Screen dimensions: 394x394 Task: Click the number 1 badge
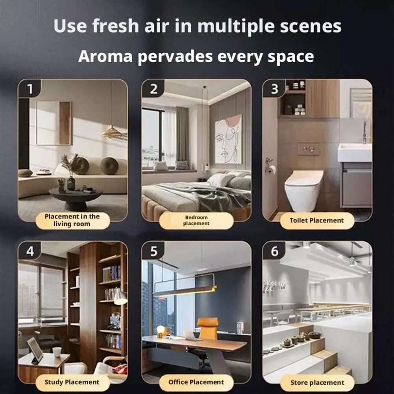(x=30, y=89)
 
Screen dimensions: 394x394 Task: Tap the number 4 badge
(x=30, y=251)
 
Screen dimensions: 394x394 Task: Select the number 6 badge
(x=274, y=251)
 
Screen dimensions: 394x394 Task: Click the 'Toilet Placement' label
(x=317, y=221)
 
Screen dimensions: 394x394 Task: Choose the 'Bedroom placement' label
(x=196, y=220)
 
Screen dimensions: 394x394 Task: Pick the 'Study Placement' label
(x=72, y=382)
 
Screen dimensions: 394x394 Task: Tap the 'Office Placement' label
(x=196, y=382)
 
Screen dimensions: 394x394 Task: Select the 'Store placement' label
(x=317, y=383)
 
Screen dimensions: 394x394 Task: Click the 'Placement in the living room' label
(x=72, y=220)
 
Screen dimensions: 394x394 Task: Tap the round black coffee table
(x=76, y=198)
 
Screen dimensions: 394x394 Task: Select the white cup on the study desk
(x=57, y=352)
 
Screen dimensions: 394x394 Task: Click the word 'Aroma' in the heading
(x=105, y=56)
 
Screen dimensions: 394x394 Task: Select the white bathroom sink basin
(x=355, y=153)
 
